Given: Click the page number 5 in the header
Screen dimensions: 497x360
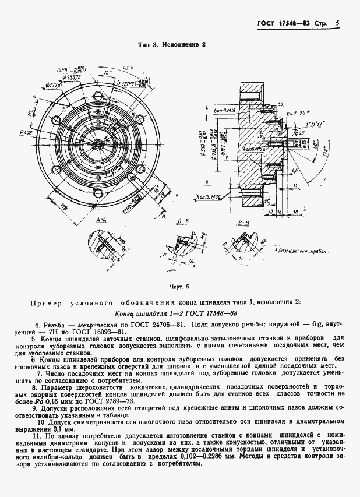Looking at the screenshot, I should coord(337,24).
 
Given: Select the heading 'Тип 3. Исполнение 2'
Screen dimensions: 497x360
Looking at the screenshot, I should coord(171,44).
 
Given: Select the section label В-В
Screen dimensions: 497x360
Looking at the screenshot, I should coord(244,223).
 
